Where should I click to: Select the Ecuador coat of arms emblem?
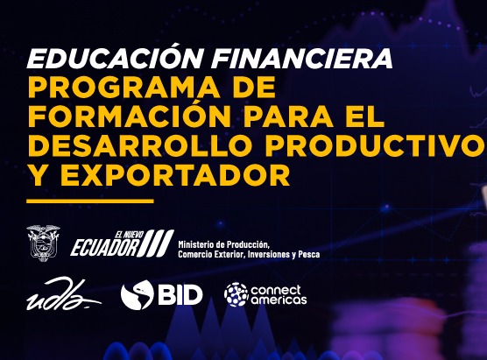click(43, 243)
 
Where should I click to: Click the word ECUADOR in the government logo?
click(104, 248)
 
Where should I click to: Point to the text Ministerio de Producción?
click(223, 244)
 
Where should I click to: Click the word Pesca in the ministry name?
click(307, 254)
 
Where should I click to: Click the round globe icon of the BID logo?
click(138, 294)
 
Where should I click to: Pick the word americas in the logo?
click(279, 300)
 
